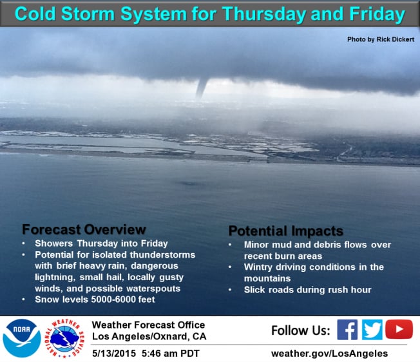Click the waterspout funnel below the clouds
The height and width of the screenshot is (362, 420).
pyautogui.click(x=202, y=88)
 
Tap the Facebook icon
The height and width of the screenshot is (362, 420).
pyautogui.click(x=347, y=330)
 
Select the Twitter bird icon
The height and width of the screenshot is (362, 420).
pyautogui.click(x=372, y=330)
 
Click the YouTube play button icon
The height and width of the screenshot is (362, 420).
pyautogui.click(x=399, y=329)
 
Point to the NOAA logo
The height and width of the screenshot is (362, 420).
pyautogui.click(x=22, y=338)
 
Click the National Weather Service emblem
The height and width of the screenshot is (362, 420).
pyautogui.click(x=64, y=338)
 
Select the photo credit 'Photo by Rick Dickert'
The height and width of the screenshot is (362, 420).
pyautogui.click(x=381, y=39)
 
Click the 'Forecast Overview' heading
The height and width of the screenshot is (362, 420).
pyautogui.click(x=84, y=229)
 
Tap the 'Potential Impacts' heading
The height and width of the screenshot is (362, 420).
pyautogui.click(x=286, y=231)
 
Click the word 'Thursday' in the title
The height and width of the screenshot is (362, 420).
pyautogui.click(x=263, y=14)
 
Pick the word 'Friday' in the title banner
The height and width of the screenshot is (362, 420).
pyautogui.click(x=377, y=14)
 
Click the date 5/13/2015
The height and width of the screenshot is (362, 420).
pyautogui.click(x=114, y=353)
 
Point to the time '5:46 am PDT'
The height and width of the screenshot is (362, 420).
pyautogui.click(x=170, y=353)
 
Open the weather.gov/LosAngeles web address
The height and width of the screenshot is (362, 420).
pyautogui.click(x=329, y=354)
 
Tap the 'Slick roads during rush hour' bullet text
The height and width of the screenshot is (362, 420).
pyautogui.click(x=307, y=290)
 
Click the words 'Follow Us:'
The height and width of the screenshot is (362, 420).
pyautogui.click(x=301, y=330)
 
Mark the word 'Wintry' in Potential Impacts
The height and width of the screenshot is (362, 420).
pyautogui.click(x=258, y=267)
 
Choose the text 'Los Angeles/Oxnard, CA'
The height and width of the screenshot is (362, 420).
pyautogui.click(x=149, y=336)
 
